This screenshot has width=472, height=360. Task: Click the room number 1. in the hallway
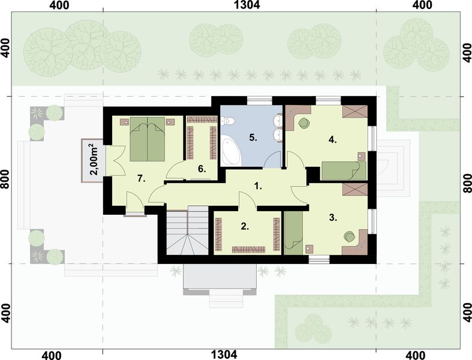(x=258, y=186)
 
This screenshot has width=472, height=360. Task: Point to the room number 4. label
(x=333, y=140)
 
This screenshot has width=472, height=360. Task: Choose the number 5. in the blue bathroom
(x=254, y=137)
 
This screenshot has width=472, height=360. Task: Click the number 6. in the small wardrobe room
(x=202, y=169)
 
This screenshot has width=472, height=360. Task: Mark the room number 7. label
(x=142, y=178)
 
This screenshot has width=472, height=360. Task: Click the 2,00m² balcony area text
(x=94, y=159)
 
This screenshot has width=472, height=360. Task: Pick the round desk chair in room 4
(x=304, y=122)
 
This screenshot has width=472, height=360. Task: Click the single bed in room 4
(x=342, y=170)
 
